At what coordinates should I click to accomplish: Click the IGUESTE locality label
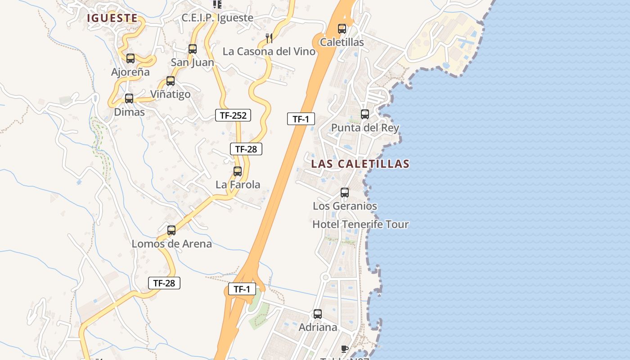pyautogui.click(x=112, y=18)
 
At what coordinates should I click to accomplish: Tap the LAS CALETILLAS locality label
pyautogui.click(x=360, y=164)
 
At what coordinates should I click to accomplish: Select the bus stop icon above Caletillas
pyautogui.click(x=342, y=29)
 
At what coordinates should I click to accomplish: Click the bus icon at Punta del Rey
pyautogui.click(x=365, y=114)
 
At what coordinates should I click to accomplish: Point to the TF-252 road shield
pyautogui.click(x=233, y=115)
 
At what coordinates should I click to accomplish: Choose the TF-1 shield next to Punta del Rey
pyautogui.click(x=301, y=119)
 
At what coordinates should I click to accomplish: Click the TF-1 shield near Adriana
pyautogui.click(x=242, y=289)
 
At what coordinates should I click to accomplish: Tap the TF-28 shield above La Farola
pyautogui.click(x=246, y=149)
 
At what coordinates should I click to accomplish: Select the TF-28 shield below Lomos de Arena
pyautogui.click(x=164, y=283)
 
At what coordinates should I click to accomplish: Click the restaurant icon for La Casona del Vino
pyautogui.click(x=269, y=38)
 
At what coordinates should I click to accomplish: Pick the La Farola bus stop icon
pyautogui.click(x=238, y=171)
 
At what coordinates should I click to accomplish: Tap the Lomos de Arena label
pyautogui.click(x=171, y=244)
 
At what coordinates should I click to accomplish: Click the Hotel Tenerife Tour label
pyautogui.click(x=360, y=224)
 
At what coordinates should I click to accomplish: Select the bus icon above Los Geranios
pyautogui.click(x=345, y=193)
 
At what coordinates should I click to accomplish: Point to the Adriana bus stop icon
pyautogui.click(x=318, y=314)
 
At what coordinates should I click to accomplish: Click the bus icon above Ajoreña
pyautogui.click(x=130, y=58)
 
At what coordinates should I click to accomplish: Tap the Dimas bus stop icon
pyautogui.click(x=129, y=99)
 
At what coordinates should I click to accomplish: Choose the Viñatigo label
pyautogui.click(x=170, y=94)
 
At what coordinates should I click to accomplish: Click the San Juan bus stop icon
pyautogui.click(x=193, y=49)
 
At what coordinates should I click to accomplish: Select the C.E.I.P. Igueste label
pyautogui.click(x=217, y=18)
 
